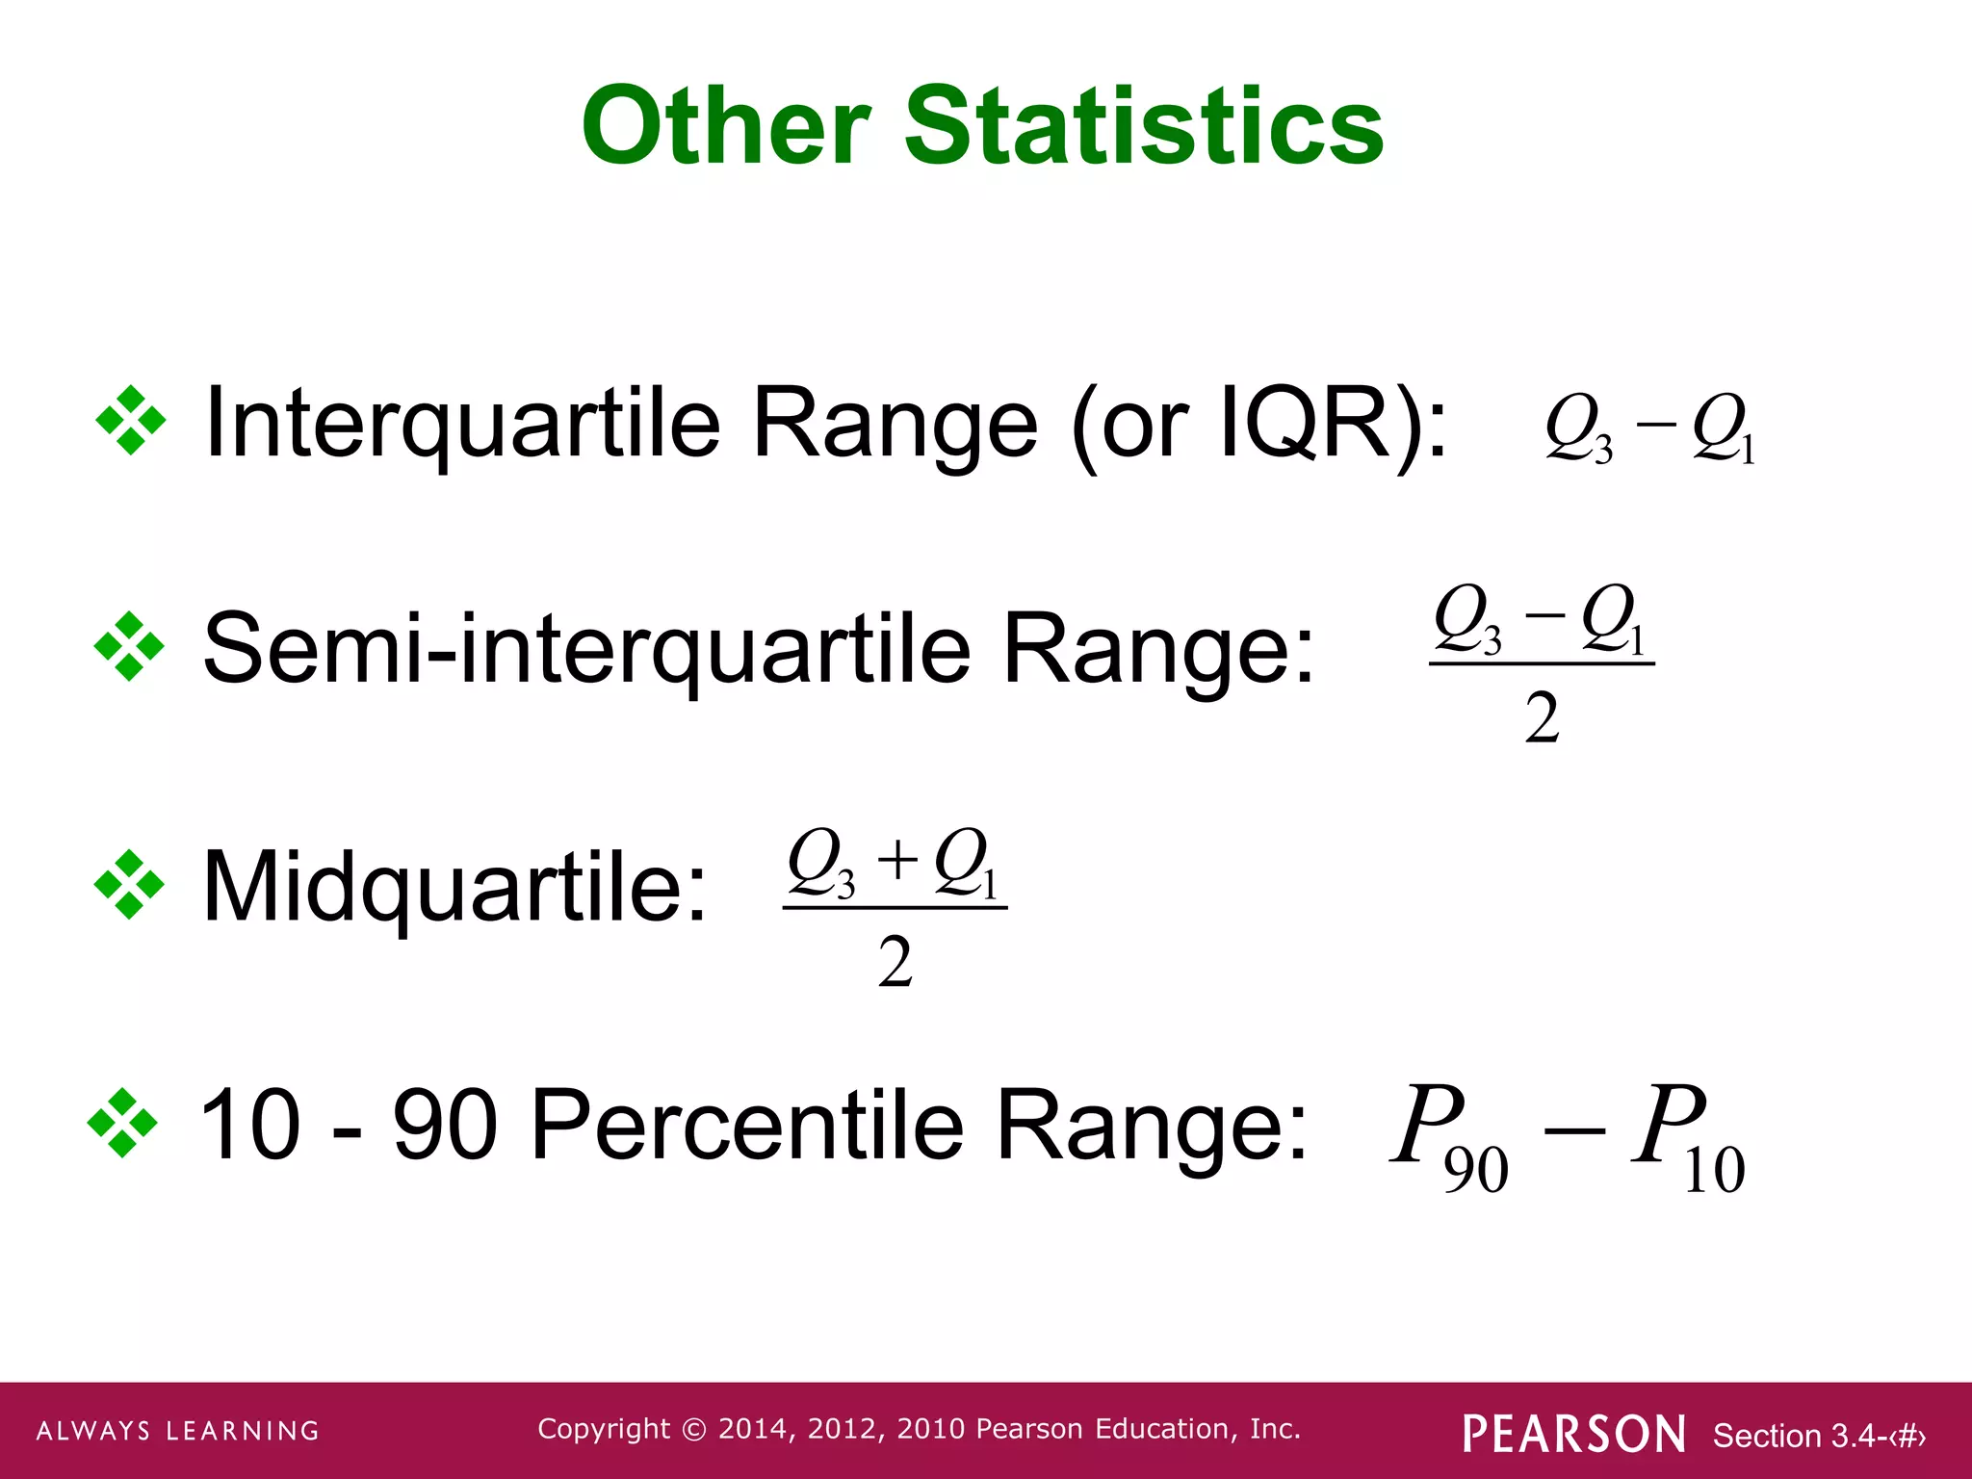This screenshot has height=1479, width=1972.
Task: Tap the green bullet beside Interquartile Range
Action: (131, 421)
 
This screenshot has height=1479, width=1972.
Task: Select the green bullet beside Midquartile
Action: (129, 884)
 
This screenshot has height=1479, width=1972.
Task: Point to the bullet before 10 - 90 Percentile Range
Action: (122, 1123)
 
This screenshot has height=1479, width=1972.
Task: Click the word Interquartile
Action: (462, 424)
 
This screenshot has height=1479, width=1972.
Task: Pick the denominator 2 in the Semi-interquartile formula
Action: (1542, 718)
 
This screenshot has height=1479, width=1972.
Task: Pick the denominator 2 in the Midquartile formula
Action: (895, 962)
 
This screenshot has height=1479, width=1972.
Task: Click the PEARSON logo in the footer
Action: (1573, 1434)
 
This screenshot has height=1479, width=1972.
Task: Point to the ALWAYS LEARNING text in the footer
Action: (178, 1431)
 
